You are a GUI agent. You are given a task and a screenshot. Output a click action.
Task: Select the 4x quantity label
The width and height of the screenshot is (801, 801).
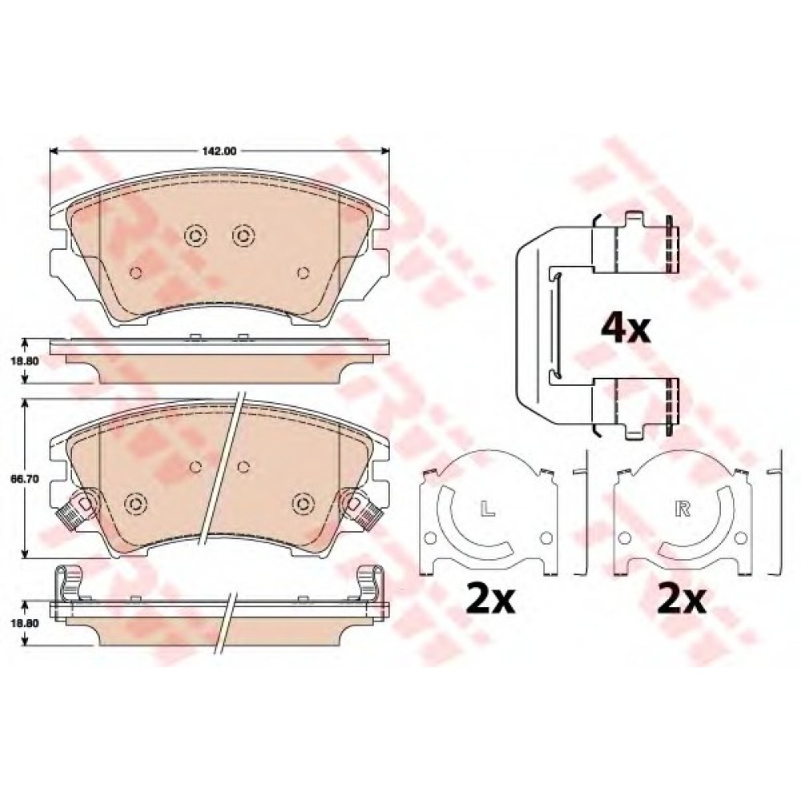(x=626, y=328)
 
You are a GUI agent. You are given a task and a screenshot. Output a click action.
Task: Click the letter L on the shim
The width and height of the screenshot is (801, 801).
(x=488, y=509)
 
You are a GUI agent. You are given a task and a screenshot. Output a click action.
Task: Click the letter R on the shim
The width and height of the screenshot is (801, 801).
(x=682, y=509)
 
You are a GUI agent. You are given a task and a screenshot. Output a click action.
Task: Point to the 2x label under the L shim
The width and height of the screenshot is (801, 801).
(x=489, y=599)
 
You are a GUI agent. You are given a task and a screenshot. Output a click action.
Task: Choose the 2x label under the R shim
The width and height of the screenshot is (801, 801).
(x=682, y=599)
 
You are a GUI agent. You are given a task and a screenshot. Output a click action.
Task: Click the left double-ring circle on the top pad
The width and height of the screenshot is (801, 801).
(x=195, y=235)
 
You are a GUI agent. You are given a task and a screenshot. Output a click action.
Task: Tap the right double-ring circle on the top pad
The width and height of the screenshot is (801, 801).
(x=244, y=235)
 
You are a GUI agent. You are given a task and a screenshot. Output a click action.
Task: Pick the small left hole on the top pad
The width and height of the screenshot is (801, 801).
(x=135, y=273)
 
